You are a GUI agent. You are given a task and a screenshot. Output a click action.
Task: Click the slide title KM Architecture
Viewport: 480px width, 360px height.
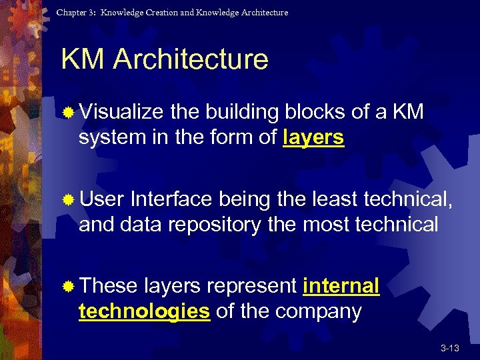[164, 59]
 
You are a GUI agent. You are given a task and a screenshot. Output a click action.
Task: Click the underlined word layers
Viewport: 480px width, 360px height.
[313, 138]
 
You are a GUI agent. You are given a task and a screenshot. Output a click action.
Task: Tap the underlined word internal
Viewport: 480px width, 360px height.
[341, 286]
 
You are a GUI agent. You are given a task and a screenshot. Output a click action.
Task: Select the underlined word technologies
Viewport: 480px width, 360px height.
[144, 311]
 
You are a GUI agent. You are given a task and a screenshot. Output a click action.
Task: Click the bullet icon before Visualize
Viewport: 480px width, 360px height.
[67, 113]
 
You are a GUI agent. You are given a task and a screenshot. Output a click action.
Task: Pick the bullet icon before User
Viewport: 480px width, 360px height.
[67, 199]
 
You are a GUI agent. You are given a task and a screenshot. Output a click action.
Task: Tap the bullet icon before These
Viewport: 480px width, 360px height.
[67, 287]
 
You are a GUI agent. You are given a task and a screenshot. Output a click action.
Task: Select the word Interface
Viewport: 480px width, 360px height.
[172, 199]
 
